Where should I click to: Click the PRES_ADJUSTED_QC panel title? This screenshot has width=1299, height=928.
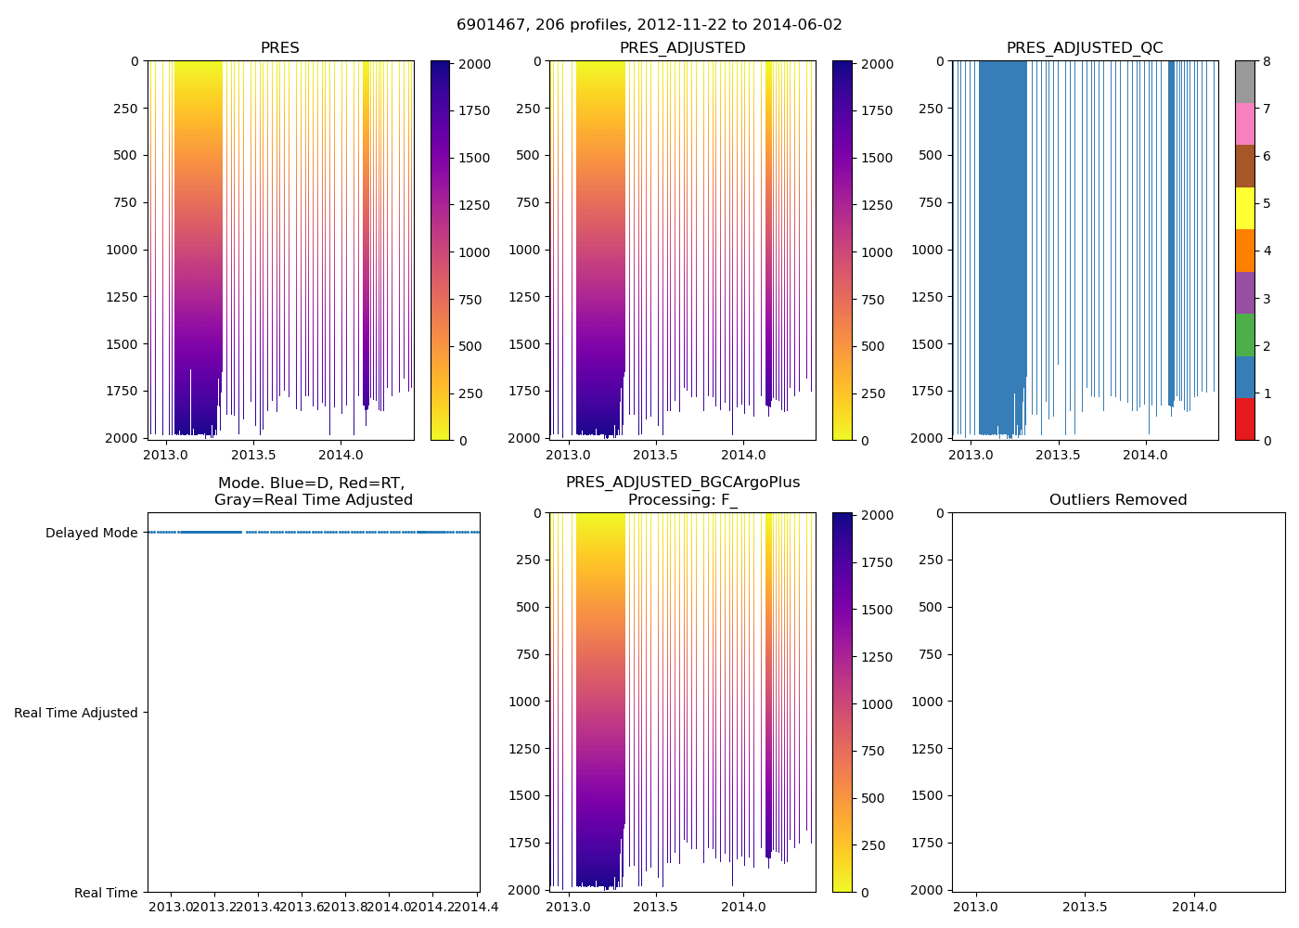pyautogui.click(x=1085, y=48)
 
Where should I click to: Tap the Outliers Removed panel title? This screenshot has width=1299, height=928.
pyautogui.click(x=1118, y=500)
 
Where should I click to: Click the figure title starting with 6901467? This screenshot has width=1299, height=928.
pyautogui.click(x=649, y=25)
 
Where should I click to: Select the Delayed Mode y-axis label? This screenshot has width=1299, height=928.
pyautogui.click(x=91, y=533)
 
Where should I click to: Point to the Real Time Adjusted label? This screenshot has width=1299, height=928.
pyautogui.click(x=76, y=713)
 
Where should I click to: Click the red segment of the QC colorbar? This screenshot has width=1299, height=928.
pyautogui.click(x=1244, y=419)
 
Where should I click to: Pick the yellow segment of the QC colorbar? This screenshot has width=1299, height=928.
pyautogui.click(x=1244, y=208)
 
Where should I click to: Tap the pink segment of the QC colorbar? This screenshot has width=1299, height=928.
pyautogui.click(x=1244, y=123)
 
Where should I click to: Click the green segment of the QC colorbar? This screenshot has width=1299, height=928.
pyautogui.click(x=1244, y=335)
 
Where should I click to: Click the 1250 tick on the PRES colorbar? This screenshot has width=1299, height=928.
pyautogui.click(x=475, y=205)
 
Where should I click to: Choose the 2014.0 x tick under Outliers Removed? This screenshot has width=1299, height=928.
pyautogui.click(x=1194, y=907)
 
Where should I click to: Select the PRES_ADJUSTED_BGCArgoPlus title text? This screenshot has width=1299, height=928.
pyautogui.click(x=683, y=483)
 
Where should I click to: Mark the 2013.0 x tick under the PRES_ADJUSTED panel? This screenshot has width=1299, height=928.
pyautogui.click(x=569, y=455)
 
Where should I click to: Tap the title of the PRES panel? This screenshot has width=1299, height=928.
pyautogui.click(x=280, y=48)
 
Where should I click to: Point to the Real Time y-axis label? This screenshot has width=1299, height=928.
pyautogui.click(x=106, y=893)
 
